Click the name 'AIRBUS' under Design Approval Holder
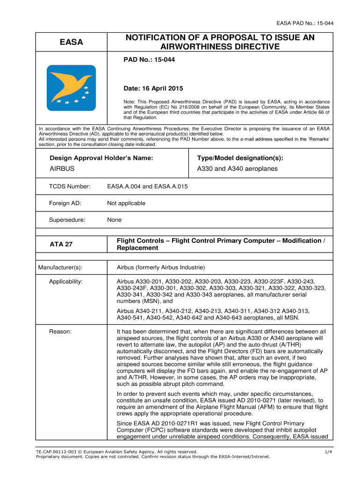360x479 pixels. tap(62, 168)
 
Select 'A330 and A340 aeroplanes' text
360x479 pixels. tap(238, 168)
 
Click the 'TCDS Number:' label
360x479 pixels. tap(70, 187)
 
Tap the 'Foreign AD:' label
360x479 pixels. tap(65, 203)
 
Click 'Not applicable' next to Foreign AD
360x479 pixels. tap(126, 203)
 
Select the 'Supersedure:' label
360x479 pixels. tap(67, 220)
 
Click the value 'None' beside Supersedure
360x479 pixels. tap(114, 220)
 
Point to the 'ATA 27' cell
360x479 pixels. tap(61, 244)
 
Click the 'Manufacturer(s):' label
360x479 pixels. tap(60, 268)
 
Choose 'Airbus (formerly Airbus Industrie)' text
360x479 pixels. tap(161, 268)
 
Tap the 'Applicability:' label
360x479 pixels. tap(66, 282)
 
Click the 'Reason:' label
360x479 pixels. tap(60, 332)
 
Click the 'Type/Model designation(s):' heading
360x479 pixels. tap(240, 158)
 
